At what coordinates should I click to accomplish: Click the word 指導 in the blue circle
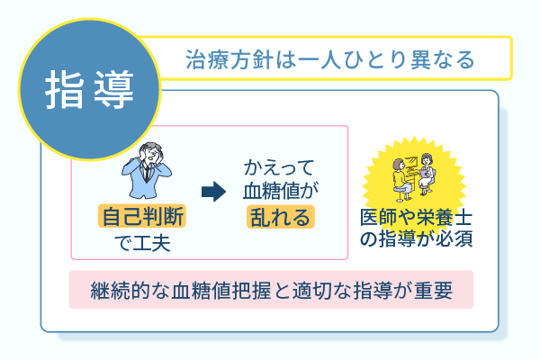(x=89, y=87)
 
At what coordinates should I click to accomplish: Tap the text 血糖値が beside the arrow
(x=280, y=191)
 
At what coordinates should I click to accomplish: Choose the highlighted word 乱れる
(x=280, y=217)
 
